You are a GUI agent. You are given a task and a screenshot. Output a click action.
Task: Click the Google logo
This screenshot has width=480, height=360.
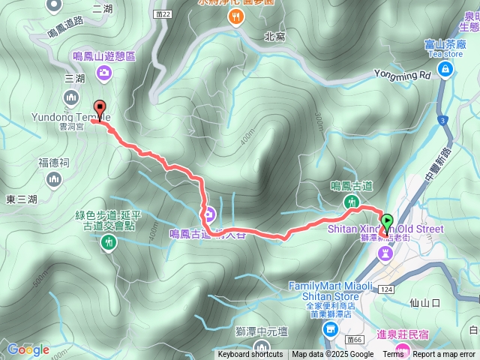(28, 349)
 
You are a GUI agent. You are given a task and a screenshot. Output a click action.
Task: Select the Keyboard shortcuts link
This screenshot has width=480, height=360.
(250, 355)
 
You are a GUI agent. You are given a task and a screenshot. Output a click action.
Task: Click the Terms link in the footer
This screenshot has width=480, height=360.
(393, 355)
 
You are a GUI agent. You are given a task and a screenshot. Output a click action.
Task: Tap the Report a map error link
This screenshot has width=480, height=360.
(444, 355)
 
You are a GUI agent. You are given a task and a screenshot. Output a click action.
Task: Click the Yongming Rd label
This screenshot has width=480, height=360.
(404, 75)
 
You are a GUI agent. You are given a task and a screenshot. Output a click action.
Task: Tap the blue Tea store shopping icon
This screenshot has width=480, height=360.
(446, 70)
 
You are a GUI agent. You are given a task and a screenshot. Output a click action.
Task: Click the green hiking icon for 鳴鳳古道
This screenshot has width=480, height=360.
(351, 202)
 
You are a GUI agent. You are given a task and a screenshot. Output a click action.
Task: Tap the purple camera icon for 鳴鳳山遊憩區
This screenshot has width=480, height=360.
(104, 72)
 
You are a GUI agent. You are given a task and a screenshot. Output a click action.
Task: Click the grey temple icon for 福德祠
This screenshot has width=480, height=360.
(53, 178)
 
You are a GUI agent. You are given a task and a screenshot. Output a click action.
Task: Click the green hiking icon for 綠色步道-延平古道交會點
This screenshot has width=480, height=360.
(109, 241)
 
